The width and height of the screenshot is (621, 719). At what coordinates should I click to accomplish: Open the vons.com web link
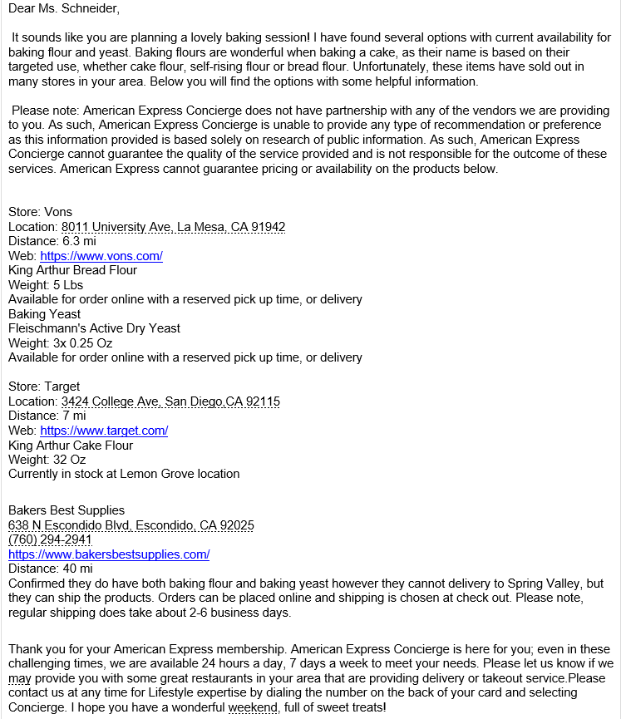pos(101,256)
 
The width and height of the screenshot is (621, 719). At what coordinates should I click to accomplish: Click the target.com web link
pos(104,431)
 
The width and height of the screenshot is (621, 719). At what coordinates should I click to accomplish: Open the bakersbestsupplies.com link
pos(109,554)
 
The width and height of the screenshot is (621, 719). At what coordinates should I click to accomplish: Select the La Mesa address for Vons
pos(174,227)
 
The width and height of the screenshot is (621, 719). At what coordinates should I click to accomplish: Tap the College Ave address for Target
pos(170,401)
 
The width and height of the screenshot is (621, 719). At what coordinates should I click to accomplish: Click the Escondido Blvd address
pos(131,525)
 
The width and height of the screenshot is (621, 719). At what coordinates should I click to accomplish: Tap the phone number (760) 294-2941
pos(50,539)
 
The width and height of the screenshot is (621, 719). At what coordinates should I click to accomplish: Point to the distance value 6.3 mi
pos(80,241)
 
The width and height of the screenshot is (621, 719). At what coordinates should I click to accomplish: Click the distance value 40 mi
pos(77,569)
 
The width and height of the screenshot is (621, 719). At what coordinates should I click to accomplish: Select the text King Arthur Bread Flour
pos(72,270)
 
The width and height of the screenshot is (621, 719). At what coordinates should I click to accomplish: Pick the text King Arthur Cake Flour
pos(71,446)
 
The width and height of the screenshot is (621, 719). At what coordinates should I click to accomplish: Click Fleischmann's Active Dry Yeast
pos(94,328)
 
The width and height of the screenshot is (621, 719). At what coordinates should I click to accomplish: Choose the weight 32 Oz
pos(69,460)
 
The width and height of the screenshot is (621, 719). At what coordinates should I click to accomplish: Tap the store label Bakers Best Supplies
pos(67,510)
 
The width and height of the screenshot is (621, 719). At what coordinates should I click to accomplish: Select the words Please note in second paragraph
pos(44,111)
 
